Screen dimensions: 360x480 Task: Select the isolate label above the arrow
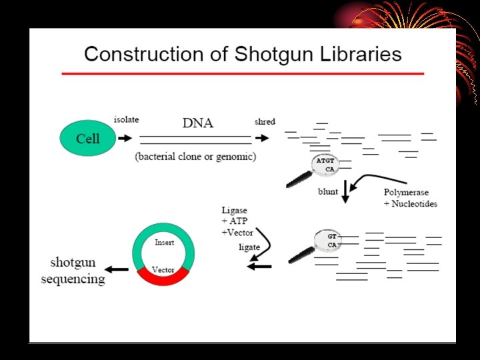click(126, 121)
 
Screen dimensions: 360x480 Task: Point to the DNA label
click(198, 123)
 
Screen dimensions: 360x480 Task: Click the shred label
click(265, 121)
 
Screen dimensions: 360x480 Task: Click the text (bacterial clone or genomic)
click(195, 157)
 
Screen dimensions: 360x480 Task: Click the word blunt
click(327, 192)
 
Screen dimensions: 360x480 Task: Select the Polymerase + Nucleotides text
click(410, 198)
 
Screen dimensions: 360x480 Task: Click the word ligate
click(249, 247)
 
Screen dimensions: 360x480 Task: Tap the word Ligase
click(235, 211)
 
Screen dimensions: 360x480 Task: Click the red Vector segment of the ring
click(163, 274)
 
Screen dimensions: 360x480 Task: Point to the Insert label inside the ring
click(164, 243)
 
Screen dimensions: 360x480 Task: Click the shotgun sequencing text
click(73, 270)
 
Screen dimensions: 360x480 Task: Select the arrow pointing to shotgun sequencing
click(119, 269)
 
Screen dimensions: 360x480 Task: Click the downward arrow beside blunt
click(345, 190)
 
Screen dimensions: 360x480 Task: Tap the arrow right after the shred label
click(263, 138)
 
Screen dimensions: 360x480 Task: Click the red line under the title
click(243, 73)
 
